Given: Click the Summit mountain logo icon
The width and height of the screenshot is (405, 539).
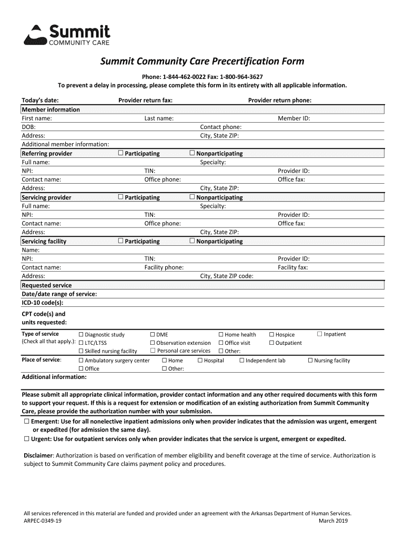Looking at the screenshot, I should point(35,35).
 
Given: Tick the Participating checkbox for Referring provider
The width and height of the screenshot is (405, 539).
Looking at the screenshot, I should point(120,153).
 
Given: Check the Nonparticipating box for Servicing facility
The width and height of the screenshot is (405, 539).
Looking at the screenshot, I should point(192,241).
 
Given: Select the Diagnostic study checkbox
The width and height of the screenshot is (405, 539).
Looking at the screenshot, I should point(81,335).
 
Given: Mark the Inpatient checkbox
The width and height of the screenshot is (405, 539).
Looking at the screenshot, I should point(319,334).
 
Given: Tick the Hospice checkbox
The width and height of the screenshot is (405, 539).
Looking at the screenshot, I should point(272,335).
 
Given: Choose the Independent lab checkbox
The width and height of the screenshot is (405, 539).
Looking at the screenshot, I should point(242,361).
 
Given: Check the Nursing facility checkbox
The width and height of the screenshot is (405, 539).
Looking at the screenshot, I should point(310,361).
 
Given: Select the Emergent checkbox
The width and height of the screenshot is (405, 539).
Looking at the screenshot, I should point(26,422).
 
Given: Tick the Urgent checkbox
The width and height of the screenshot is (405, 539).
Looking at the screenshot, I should point(26,439).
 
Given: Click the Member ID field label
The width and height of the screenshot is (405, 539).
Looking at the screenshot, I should point(293,118).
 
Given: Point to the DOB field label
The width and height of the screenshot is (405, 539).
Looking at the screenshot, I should point(28,127).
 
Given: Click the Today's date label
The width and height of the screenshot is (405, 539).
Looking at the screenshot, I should point(40,100).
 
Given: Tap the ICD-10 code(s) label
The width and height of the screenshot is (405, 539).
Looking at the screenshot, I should point(43,303).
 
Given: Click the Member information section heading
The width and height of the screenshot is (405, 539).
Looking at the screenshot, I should point(50,109).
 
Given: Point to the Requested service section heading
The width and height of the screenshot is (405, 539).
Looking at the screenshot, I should point(47,285).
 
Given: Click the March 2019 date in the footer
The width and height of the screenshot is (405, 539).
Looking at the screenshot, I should point(333,521).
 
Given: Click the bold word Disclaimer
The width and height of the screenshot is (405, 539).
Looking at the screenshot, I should point(38,455).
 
